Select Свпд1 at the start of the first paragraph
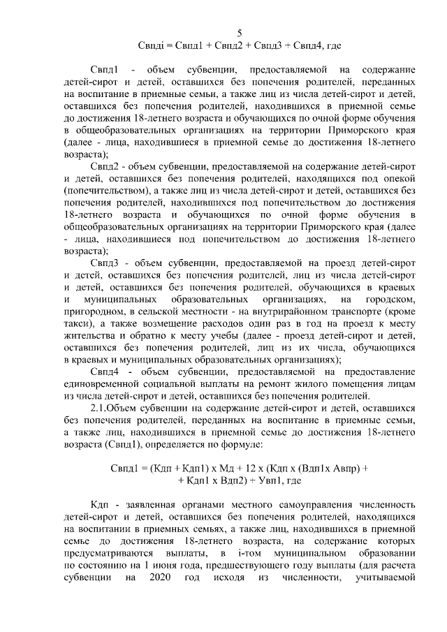[x=105, y=71]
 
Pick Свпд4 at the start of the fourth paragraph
[x=105, y=372]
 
